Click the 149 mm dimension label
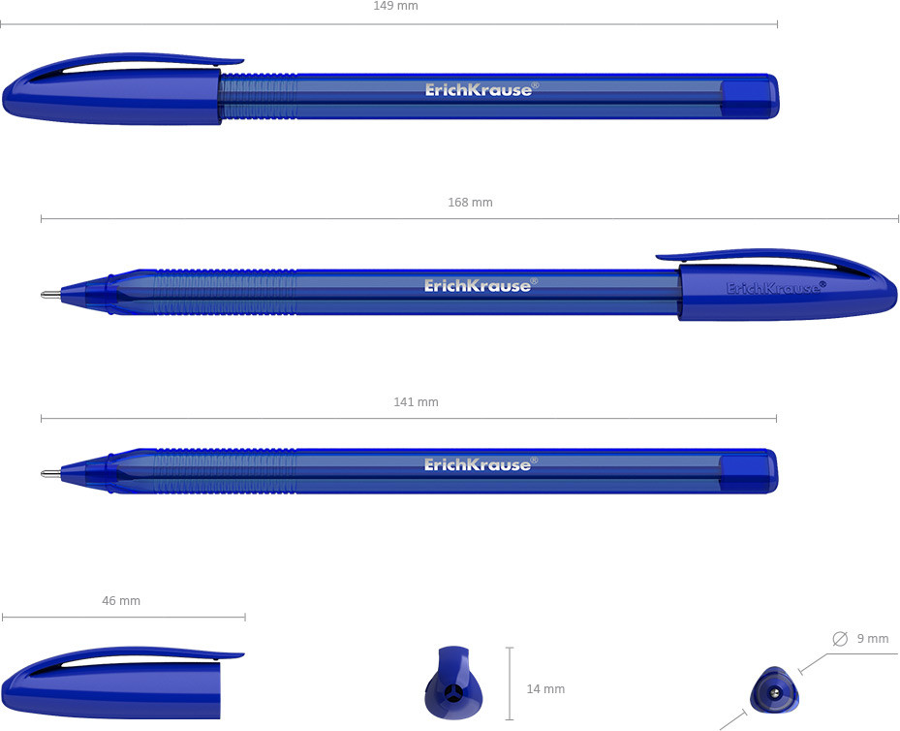395,7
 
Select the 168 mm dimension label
470,202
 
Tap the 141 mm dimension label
417,402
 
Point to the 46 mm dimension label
121,601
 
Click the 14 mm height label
545,688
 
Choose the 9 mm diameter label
873,639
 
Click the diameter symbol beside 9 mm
840,639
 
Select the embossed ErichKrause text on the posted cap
776,287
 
